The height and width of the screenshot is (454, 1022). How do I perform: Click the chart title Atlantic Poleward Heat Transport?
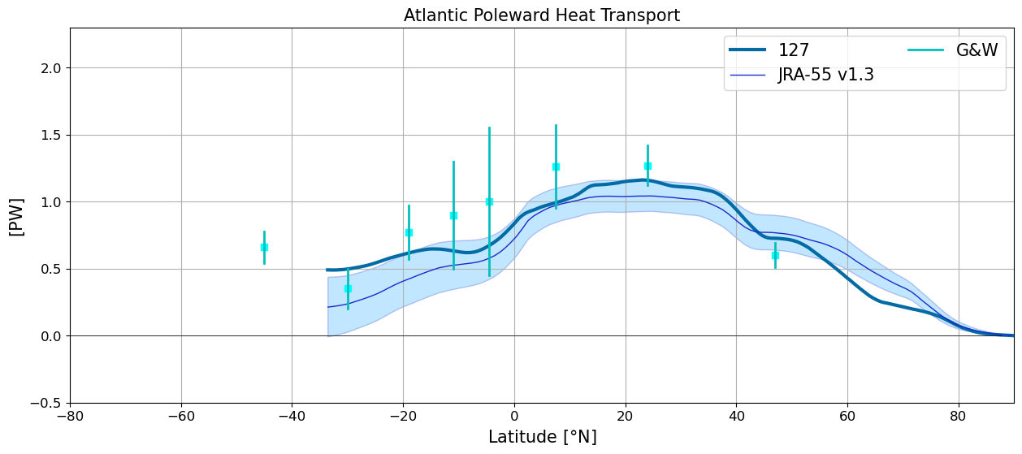[x=542, y=15]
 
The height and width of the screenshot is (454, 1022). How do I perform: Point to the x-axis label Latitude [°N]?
[x=543, y=437]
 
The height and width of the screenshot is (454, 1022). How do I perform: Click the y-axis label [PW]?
[x=16, y=217]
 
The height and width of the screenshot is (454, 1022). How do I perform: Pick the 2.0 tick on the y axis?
[x=50, y=68]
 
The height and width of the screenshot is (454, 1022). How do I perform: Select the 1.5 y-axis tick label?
[x=50, y=136]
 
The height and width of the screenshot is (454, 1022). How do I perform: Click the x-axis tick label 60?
[x=847, y=417]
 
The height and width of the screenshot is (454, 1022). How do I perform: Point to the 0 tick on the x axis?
[x=514, y=417]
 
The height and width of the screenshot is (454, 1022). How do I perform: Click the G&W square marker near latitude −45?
[x=264, y=248]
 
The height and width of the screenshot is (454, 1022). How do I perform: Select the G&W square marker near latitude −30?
[x=349, y=289]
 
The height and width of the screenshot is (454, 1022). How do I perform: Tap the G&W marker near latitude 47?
[x=775, y=256]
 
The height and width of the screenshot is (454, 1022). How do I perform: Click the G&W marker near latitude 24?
[x=647, y=166]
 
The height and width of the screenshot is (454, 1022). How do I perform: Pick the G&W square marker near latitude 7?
[x=556, y=167]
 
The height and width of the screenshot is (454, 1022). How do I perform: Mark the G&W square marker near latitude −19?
[x=409, y=233]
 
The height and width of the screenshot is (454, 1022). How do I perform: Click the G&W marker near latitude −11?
[x=453, y=216]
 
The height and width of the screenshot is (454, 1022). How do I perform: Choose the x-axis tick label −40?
[x=292, y=417]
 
